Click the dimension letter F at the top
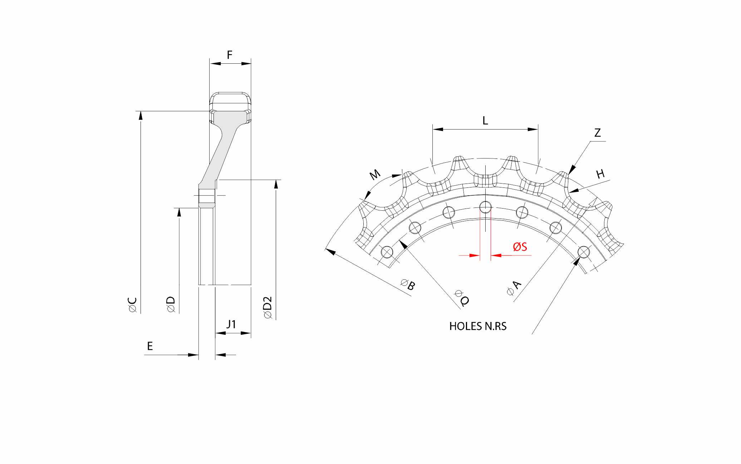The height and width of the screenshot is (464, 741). click(x=230, y=55)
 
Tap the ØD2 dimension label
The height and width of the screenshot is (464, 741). click(x=268, y=307)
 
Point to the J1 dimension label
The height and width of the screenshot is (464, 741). click(x=231, y=324)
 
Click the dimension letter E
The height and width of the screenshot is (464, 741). click(x=150, y=346)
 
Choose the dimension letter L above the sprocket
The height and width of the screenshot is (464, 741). click(x=485, y=121)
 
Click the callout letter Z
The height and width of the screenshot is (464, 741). click(x=597, y=133)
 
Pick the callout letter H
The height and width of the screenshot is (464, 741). click(x=600, y=174)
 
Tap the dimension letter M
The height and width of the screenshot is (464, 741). click(x=375, y=175)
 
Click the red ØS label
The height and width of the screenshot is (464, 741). click(x=520, y=246)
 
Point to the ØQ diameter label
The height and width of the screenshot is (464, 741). click(x=462, y=298)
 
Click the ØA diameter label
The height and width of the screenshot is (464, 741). click(x=514, y=288)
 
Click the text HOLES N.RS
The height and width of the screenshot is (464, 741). click(x=478, y=326)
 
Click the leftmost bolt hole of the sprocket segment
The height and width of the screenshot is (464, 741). click(x=387, y=252)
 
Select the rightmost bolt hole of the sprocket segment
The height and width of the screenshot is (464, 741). click(x=584, y=252)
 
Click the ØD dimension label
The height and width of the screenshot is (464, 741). click(x=171, y=305)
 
